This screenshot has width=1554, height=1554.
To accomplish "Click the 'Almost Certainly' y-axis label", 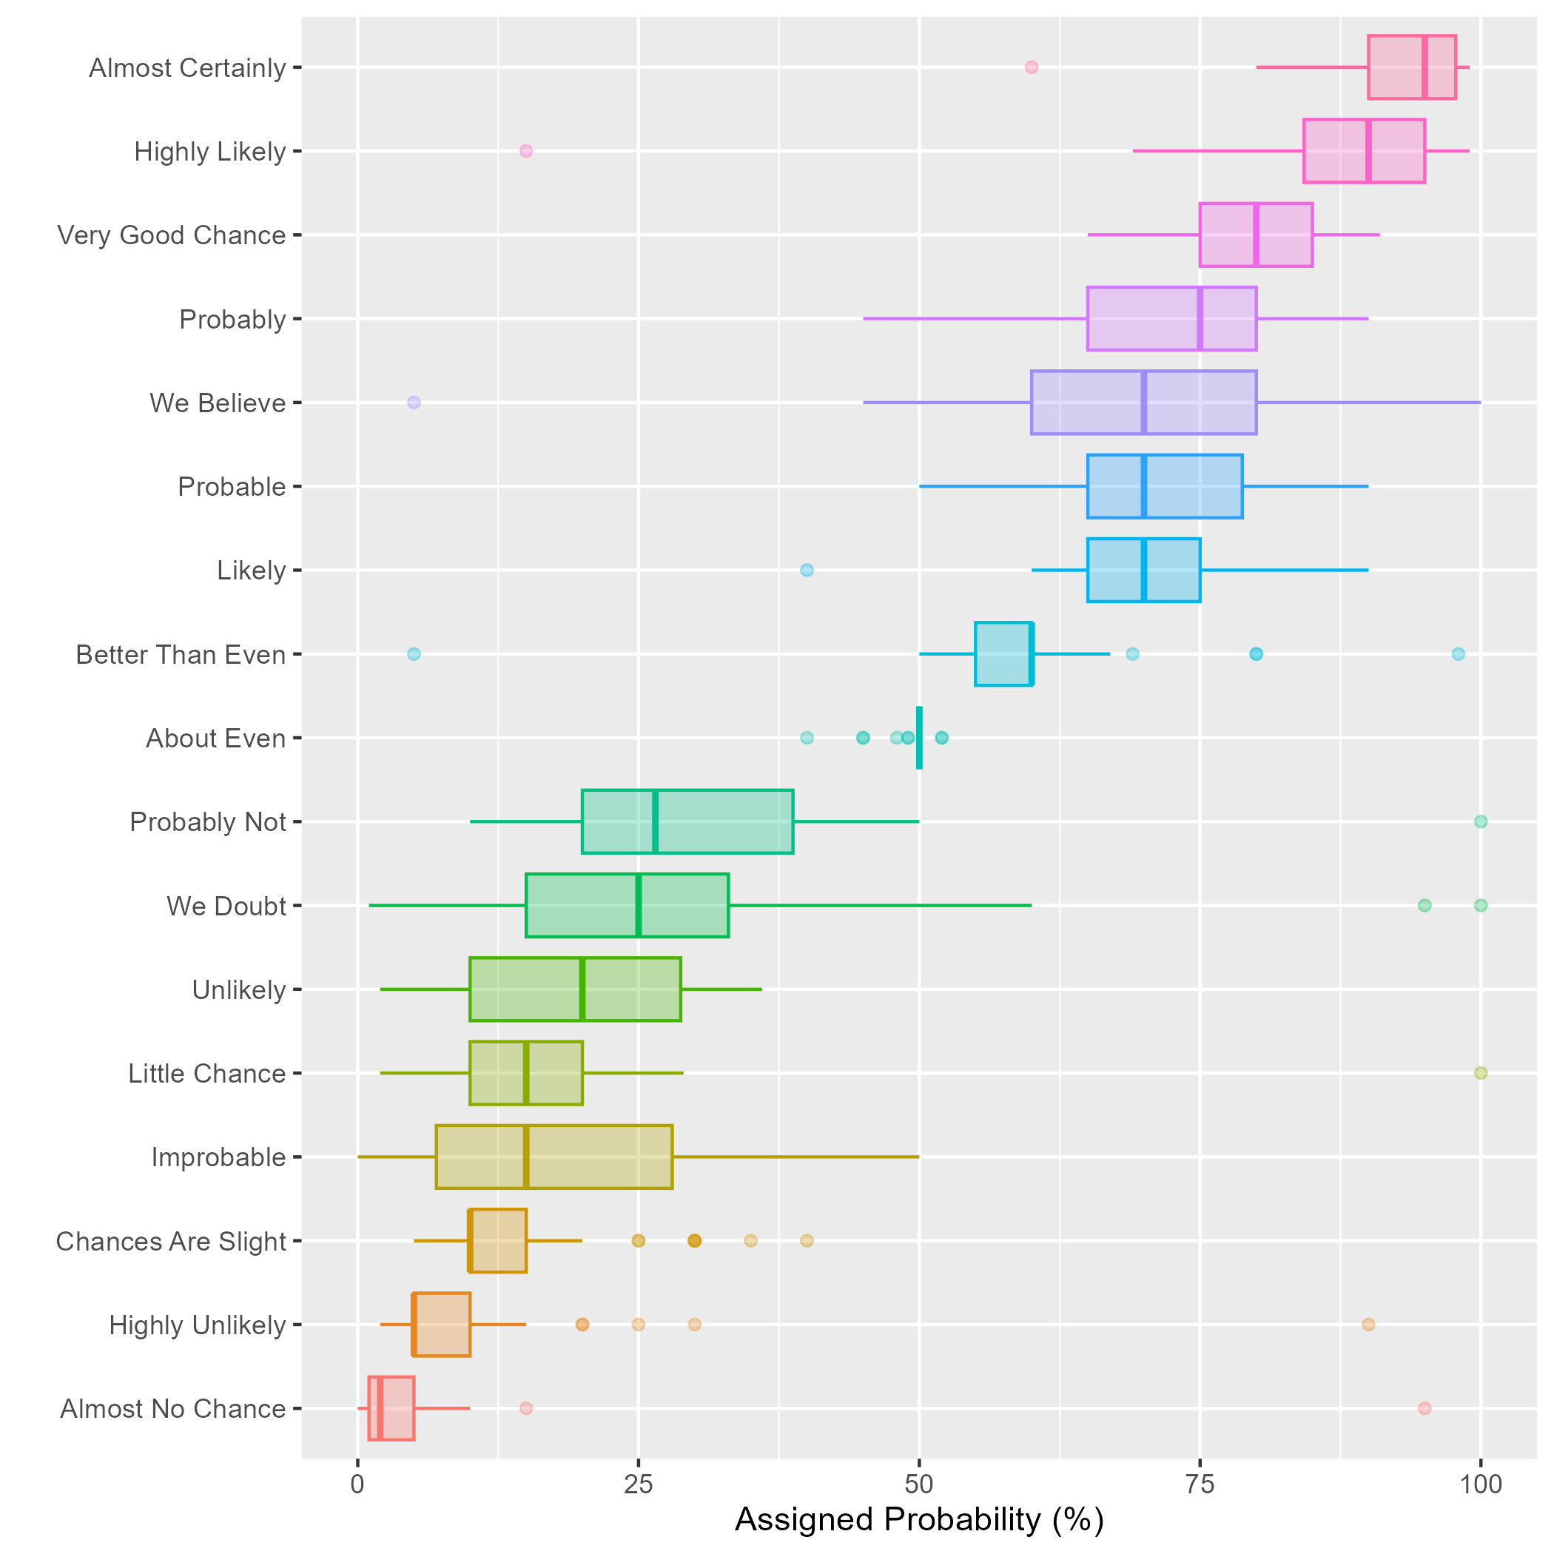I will pos(187,68).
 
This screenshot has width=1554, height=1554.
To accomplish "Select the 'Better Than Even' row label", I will pos(181,655).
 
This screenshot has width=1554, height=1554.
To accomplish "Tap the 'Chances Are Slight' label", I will pos(170,1241).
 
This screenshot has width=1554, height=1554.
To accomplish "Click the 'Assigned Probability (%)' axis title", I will pos(918,1519).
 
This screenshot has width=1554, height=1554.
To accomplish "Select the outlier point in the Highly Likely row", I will pos(526,151).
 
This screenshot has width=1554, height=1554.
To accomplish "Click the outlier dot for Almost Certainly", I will pos(1031,67).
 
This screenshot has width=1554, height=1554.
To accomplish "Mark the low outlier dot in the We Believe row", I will pos(414,402).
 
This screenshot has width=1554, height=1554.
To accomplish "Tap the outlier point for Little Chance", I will pos(1480,1073).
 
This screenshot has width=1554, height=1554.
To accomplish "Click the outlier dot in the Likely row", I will pos(807,571).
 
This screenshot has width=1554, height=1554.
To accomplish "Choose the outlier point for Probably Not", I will pos(1480,821).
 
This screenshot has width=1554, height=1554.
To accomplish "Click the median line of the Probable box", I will pos(1143,487).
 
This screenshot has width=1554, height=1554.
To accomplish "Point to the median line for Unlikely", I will pos(582,989).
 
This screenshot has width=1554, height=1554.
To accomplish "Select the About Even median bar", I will pos(919,738).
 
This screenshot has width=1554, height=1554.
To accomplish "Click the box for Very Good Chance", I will pos(1287,235).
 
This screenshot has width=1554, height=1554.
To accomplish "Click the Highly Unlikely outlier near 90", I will pos(1368,1324).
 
